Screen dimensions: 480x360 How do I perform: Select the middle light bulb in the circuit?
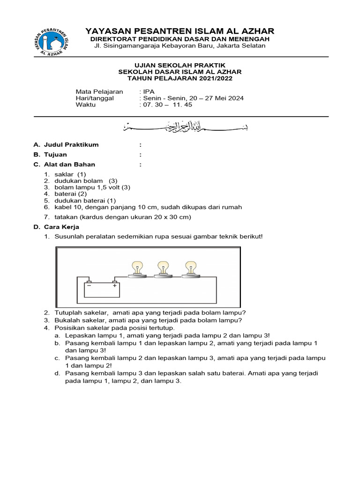(164, 268)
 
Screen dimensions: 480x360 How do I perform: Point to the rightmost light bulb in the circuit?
(190, 268)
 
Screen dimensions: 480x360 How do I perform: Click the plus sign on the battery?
(114, 285)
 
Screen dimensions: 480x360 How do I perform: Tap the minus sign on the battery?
(89, 285)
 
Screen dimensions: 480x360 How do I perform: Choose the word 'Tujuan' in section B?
(55, 155)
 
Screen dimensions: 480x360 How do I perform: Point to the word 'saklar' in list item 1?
(64, 174)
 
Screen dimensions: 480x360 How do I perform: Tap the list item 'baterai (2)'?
(71, 194)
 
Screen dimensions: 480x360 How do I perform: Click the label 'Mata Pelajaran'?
(99, 91)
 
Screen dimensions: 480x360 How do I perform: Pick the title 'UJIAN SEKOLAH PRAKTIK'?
(180, 65)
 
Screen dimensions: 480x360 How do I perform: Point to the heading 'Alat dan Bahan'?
(69, 165)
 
